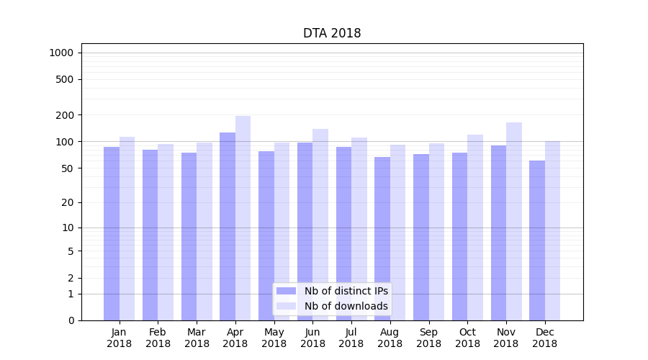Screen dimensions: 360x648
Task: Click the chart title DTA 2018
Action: pos(332,33)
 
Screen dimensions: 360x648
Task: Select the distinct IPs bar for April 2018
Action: pos(228,226)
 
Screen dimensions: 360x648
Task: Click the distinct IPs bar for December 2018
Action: pos(537,240)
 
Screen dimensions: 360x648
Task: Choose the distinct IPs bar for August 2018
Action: pos(382,238)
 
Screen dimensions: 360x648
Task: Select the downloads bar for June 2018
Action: pos(320,224)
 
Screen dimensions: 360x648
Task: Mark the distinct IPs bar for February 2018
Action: pos(150,235)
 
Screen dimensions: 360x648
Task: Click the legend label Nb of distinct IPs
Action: pos(346,291)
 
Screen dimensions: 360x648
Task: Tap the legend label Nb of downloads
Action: pos(346,306)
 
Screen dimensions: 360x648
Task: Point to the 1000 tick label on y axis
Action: pos(61,53)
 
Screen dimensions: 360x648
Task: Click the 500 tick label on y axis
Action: pos(65,79)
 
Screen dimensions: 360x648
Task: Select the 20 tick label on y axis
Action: pos(68,202)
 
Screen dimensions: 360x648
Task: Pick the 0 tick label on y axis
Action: pos(71,320)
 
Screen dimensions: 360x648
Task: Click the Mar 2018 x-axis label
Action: pos(197,338)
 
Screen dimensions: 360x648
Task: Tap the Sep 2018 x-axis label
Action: pos(428,338)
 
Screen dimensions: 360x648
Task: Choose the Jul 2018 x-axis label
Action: pos(351,338)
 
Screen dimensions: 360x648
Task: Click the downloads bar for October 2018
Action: pos(475,228)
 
